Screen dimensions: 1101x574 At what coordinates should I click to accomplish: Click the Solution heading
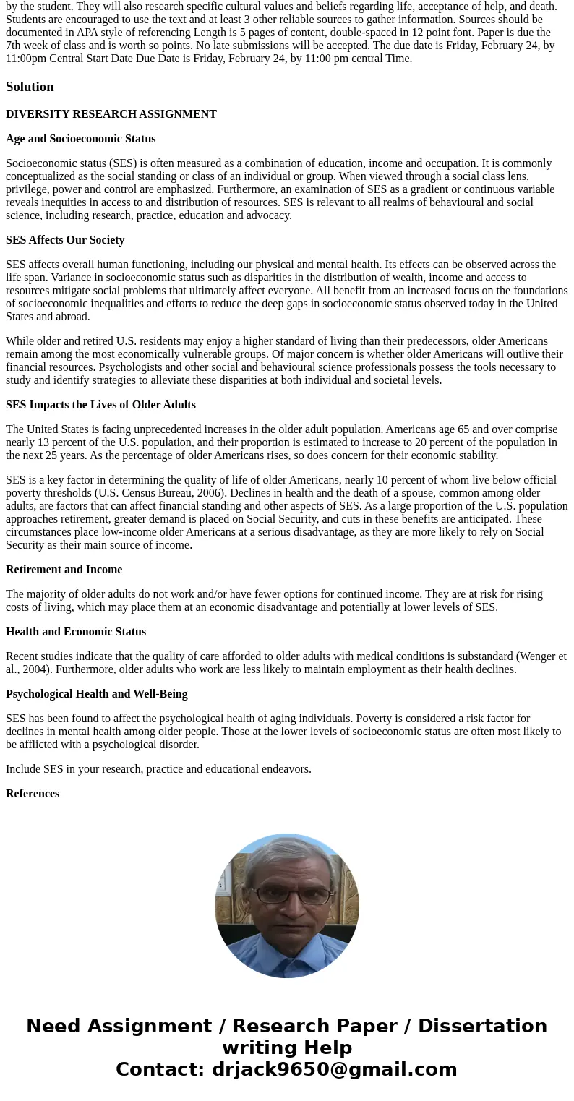pos(30,87)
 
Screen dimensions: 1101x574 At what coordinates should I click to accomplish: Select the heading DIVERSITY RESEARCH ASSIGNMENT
pos(111,114)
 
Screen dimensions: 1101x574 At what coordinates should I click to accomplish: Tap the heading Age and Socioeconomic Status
pos(80,139)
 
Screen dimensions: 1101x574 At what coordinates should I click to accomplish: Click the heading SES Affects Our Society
pos(65,240)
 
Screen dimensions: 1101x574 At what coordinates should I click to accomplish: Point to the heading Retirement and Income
pos(64,570)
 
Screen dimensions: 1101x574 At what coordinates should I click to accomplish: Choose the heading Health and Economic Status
pos(76,632)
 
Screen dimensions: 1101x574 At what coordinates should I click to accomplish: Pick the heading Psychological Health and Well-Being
pos(97,694)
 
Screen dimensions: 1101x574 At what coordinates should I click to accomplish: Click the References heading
pos(33,794)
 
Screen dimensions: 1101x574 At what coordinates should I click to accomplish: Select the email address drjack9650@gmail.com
pos(334,1069)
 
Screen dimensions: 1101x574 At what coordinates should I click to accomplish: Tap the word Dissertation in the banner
pos(482,1026)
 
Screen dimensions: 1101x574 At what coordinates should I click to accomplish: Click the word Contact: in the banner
pos(160,1069)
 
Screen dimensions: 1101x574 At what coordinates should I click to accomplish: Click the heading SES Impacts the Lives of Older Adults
pos(100,405)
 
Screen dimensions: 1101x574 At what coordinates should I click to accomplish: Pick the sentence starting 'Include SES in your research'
pos(158,769)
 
